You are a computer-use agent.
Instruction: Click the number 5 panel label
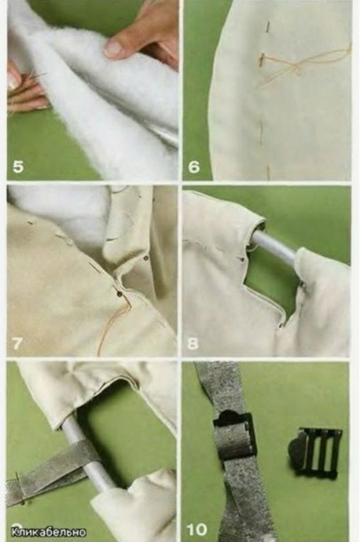18,167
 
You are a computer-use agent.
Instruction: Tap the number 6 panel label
194,167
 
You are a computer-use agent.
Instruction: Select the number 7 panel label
17,343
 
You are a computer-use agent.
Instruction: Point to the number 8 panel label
193,343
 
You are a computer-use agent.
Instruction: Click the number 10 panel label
197,529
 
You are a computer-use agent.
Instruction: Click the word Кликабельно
49,531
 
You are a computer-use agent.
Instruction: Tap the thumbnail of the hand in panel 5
113,48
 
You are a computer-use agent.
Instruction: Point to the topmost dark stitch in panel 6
268,27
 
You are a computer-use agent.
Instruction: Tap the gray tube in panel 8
274,247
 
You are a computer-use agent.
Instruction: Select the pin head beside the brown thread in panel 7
119,294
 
